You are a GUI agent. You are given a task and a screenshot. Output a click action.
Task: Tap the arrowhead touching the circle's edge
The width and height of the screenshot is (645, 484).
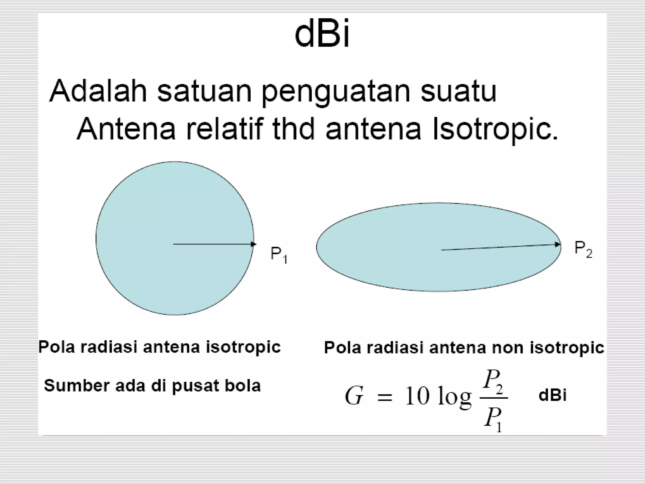click(x=254, y=244)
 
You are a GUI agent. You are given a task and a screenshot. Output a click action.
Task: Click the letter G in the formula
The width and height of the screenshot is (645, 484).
click(x=354, y=396)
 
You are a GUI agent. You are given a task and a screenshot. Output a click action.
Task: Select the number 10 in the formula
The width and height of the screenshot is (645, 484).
click(x=417, y=396)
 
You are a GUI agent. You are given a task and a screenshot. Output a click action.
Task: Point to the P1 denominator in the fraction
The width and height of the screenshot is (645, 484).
click(x=493, y=419)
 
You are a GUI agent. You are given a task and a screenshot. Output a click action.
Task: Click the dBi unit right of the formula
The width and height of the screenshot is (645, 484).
click(x=552, y=395)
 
